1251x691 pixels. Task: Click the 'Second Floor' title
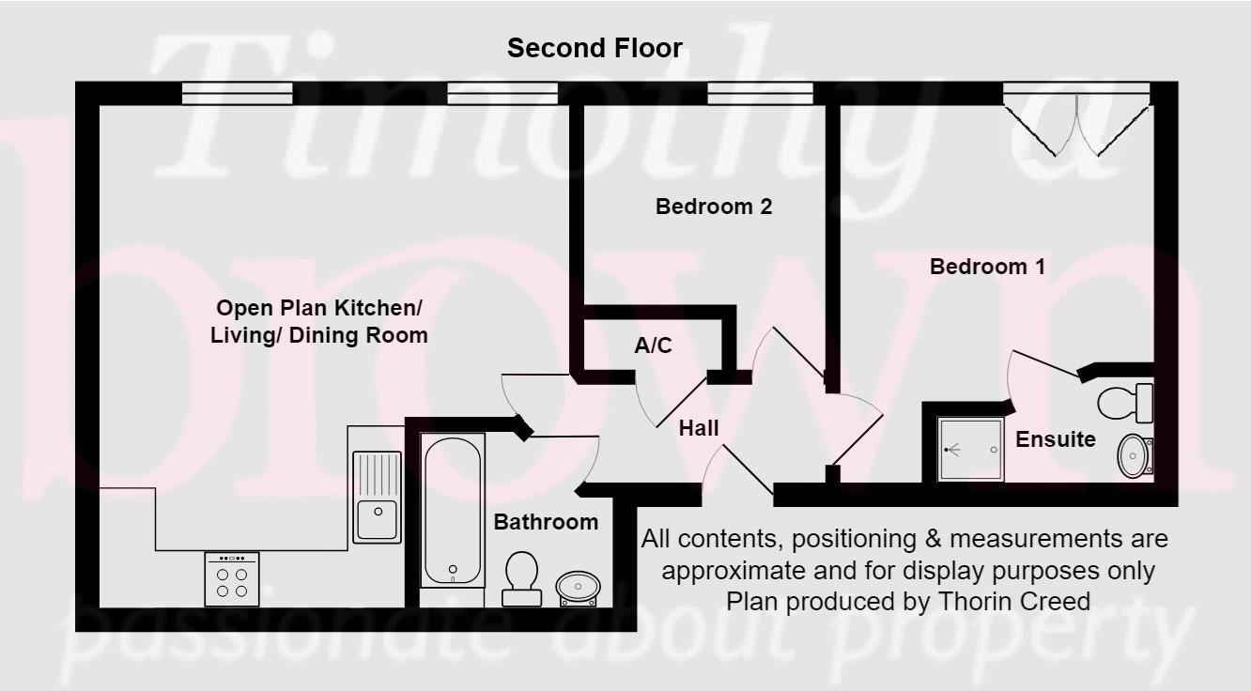[595, 48]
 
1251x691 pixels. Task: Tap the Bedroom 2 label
[714, 207]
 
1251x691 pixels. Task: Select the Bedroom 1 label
[987, 267]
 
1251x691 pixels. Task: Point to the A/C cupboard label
[653, 346]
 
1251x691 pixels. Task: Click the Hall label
[699, 429]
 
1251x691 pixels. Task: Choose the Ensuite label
[1056, 438]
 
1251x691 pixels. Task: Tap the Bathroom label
[546, 522]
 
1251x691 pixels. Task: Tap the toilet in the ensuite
[1124, 403]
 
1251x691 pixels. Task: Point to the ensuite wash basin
[1135, 456]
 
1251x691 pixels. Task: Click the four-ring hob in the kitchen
[231, 579]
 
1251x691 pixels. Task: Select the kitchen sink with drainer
[377, 497]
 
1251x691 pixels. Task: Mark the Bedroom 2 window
[760, 93]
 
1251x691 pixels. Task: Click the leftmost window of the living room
[237, 93]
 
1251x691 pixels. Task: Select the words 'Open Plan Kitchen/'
[319, 308]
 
